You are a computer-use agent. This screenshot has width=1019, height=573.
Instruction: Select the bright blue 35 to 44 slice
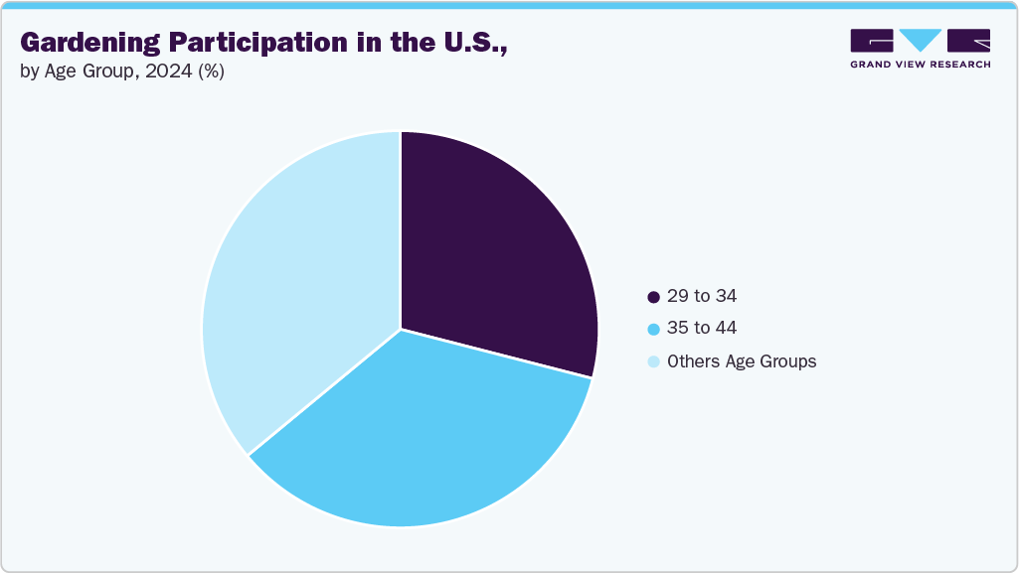click(x=418, y=437)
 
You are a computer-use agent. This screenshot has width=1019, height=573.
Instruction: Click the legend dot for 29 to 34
click(x=653, y=297)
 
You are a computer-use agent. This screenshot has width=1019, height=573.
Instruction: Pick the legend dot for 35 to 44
click(x=653, y=329)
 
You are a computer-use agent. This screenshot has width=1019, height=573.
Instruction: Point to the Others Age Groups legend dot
click(x=653, y=361)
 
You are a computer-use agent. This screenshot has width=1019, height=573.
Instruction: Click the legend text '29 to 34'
click(x=702, y=296)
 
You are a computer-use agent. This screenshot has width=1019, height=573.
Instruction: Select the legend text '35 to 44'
click(x=702, y=328)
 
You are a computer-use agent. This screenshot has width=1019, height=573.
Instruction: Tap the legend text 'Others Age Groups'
click(x=742, y=361)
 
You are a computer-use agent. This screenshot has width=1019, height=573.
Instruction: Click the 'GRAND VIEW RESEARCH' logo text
click(x=920, y=64)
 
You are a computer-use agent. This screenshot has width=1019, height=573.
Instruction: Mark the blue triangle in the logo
click(x=920, y=40)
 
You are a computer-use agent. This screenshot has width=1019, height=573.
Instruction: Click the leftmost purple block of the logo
click(x=872, y=40)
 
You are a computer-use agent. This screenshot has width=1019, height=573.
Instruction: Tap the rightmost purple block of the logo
click(x=968, y=40)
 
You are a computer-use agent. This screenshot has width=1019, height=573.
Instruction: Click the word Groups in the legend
click(x=788, y=361)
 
